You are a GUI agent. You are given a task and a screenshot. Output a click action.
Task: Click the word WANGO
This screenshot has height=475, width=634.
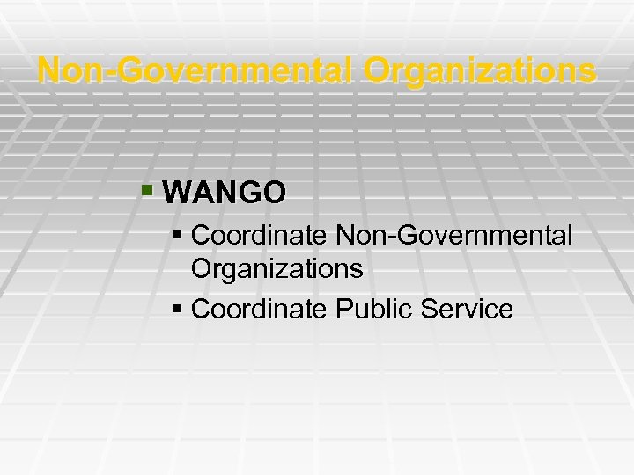[225, 193]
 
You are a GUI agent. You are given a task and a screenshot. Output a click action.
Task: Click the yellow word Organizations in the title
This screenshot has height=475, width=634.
[480, 70]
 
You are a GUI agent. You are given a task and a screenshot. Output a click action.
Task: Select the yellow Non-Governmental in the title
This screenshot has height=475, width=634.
[196, 70]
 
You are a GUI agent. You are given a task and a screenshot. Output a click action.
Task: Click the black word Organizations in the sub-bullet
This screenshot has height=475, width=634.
[276, 269]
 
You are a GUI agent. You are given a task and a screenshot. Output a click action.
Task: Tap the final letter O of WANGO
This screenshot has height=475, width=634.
[275, 193]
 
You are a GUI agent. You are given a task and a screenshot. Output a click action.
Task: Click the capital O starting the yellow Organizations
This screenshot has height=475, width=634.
[379, 70]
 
